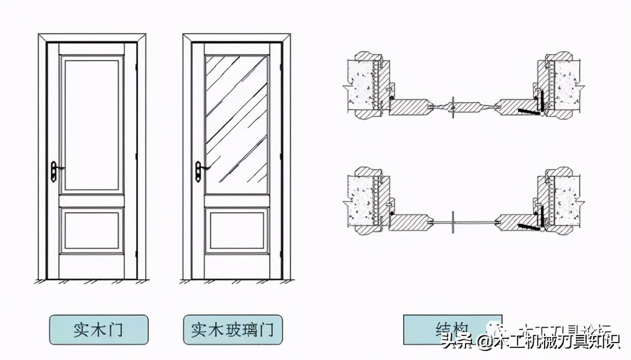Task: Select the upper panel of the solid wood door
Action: pos(91,123)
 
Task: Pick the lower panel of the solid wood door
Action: pos(91,230)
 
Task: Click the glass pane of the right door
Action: pos(236,123)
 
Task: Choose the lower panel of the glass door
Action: pos(236,230)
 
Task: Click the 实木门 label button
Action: pos(98,330)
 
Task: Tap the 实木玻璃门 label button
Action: pos(233,330)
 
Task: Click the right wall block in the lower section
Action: pos(564,201)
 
